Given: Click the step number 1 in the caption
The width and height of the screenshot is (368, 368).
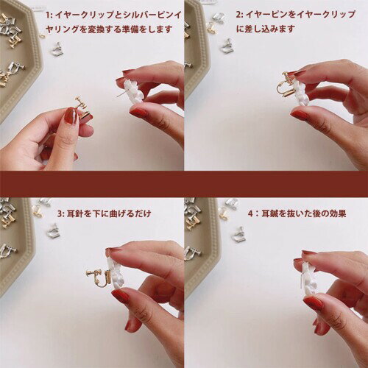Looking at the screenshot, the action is coord(48,15).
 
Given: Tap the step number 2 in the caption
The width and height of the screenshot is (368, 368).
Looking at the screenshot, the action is coord(238,15).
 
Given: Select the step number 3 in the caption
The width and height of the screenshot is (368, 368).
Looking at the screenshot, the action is coord(60,214).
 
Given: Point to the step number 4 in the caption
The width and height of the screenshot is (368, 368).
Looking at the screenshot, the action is coord(250,213).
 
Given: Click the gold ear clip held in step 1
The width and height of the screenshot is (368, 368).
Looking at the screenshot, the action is coord(83,108).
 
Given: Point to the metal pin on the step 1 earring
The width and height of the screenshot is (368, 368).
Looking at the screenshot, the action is coord(121,94).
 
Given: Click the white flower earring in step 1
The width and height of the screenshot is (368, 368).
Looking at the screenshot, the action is coord(133,92).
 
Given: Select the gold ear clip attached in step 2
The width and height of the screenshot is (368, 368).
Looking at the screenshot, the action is coord(285,84).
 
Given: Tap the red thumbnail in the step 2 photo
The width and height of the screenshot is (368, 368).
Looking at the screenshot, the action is coord(300,115).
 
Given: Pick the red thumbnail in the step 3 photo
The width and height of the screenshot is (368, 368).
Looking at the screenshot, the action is coord(121,296).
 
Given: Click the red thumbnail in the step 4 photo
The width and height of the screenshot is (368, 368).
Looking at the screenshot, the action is coord(312,303).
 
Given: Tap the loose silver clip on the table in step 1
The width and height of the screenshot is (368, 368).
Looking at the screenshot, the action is coord(57,49).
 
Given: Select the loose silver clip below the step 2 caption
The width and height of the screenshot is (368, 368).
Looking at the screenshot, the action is coord(227,46).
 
